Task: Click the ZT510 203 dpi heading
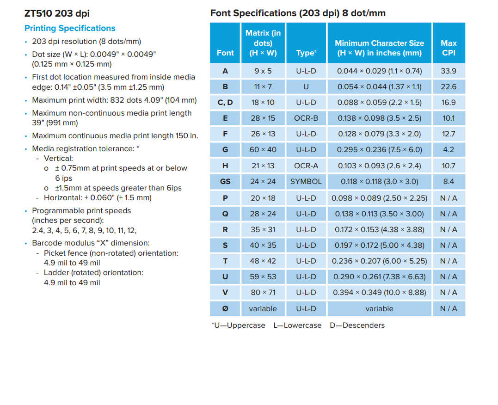pyautogui.click(x=57, y=13)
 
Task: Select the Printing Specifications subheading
pyautogui.click(x=70, y=28)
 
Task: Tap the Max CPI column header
pyautogui.click(x=449, y=48)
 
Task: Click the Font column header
pyautogui.click(x=225, y=53)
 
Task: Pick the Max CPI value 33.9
pyautogui.click(x=449, y=71)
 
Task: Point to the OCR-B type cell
pyautogui.click(x=306, y=118)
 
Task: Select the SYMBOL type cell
pyautogui.click(x=306, y=181)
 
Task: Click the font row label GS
pyautogui.click(x=225, y=181)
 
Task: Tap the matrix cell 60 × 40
pyautogui.click(x=263, y=150)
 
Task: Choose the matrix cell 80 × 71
pyautogui.click(x=263, y=292)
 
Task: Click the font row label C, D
pyautogui.click(x=225, y=102)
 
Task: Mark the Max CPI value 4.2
pyautogui.click(x=449, y=150)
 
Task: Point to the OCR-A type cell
pyautogui.click(x=306, y=166)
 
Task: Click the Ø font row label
pyautogui.click(x=225, y=308)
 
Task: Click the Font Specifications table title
pyautogui.click(x=298, y=13)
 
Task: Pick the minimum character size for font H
pyautogui.click(x=379, y=166)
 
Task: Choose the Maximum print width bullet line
pyautogui.click(x=114, y=100)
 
